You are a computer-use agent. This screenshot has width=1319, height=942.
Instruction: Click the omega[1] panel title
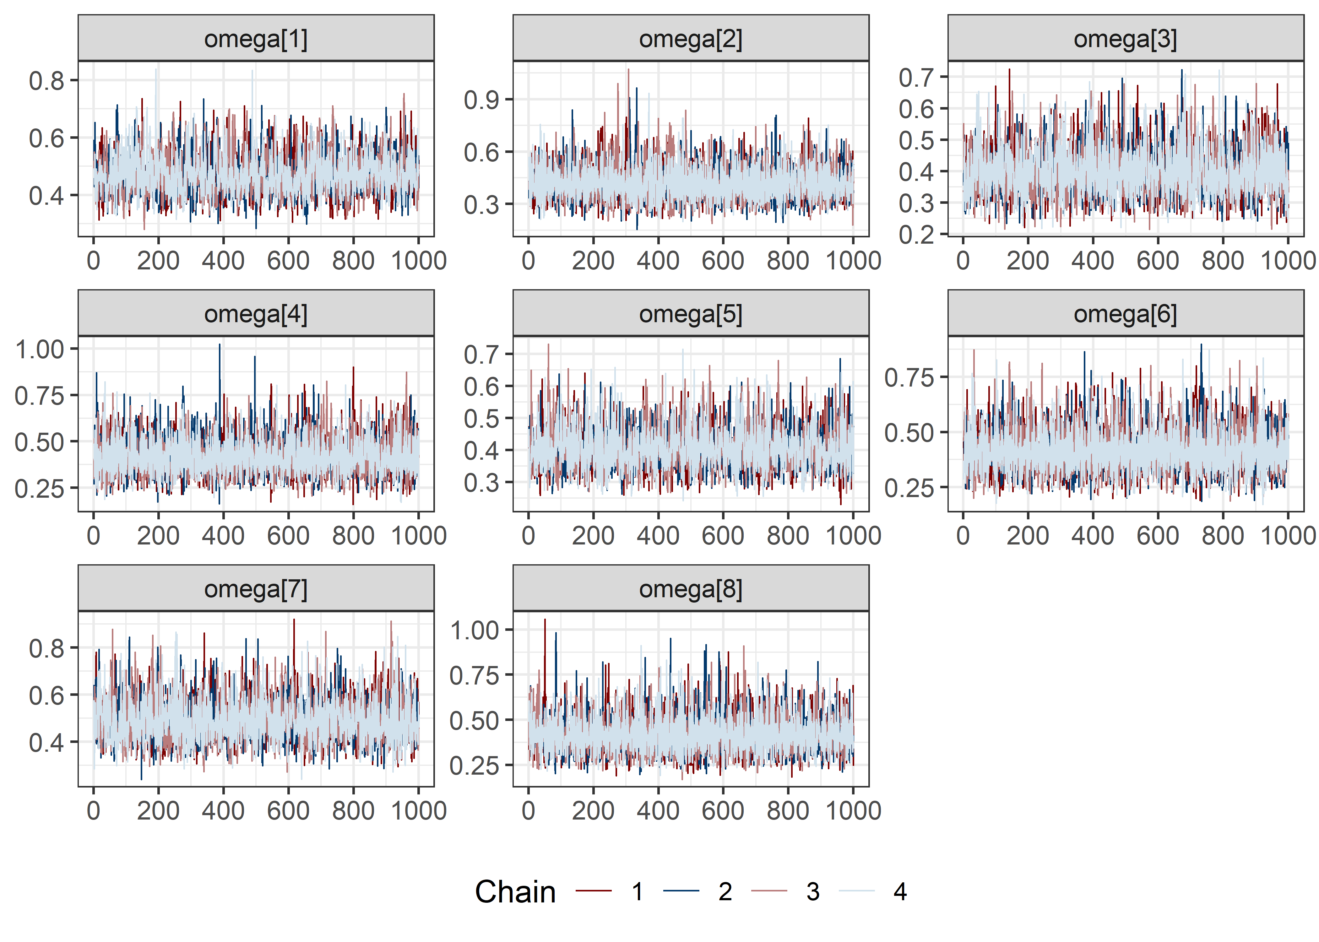point(256,39)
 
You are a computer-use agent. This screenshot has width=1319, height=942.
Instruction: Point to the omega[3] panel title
point(1125,39)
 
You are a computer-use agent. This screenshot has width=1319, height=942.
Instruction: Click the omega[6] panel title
point(1125,314)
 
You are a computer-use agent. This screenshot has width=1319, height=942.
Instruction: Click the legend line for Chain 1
point(594,891)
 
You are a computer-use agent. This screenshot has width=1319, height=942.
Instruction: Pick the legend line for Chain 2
point(681,891)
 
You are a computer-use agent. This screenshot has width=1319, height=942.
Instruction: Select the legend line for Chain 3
point(769,891)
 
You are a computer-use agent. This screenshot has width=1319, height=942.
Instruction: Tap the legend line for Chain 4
point(857,891)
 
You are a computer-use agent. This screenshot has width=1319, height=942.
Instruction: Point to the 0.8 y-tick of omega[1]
point(46,81)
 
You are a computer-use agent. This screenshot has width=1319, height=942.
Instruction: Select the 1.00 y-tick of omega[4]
point(39,350)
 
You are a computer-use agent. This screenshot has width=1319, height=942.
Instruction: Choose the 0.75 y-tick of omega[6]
point(909,378)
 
